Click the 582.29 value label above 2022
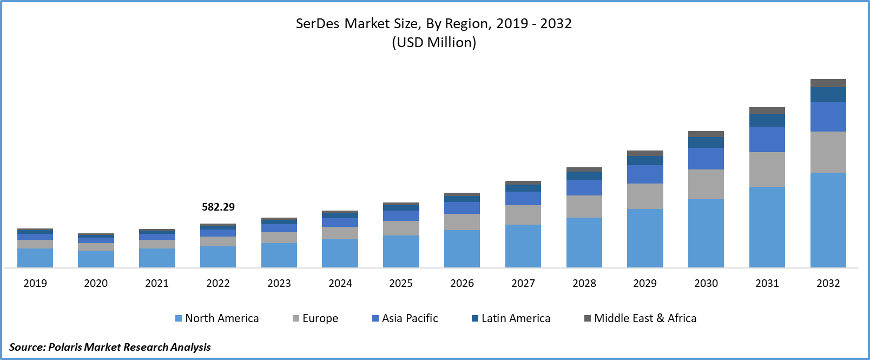pyautogui.click(x=218, y=207)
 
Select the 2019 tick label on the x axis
pyautogui.click(x=35, y=283)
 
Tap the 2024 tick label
pyautogui.click(x=340, y=283)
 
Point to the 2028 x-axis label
pyautogui.click(x=584, y=283)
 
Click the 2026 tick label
pyautogui.click(x=462, y=283)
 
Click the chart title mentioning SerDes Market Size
pyautogui.click(x=433, y=23)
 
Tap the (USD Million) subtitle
pyautogui.click(x=434, y=42)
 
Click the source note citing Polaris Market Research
pyautogui.click(x=110, y=347)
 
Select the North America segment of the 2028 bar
pyautogui.click(x=584, y=243)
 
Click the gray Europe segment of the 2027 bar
pyautogui.click(x=523, y=215)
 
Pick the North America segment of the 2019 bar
pyautogui.click(x=35, y=258)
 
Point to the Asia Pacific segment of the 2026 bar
pyautogui.click(x=462, y=208)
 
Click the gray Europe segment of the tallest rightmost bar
pyautogui.click(x=828, y=152)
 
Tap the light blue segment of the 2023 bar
pyautogui.click(x=279, y=255)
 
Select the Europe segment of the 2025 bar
pyautogui.click(x=401, y=228)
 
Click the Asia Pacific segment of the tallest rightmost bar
pyautogui.click(x=828, y=116)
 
